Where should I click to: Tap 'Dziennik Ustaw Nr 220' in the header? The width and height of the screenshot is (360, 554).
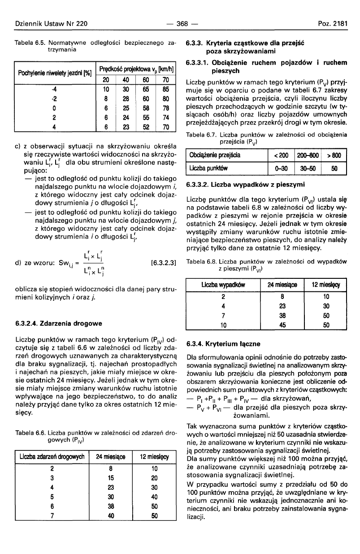click(51, 23)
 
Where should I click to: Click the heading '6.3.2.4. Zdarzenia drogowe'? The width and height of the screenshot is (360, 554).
click(58, 323)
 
